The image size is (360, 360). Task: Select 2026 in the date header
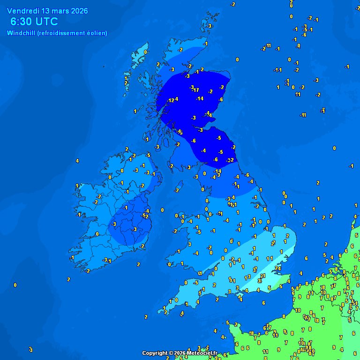(78, 11)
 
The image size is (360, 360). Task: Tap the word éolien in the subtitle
(97, 33)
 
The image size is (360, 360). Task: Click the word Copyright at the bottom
(155, 353)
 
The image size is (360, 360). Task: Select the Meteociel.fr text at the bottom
(202, 353)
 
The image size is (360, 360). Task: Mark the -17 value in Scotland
(195, 90)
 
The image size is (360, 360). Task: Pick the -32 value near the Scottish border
(230, 160)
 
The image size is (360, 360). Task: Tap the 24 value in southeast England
(277, 269)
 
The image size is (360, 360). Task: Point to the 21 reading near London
(262, 276)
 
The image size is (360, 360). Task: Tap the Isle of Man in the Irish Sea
(177, 190)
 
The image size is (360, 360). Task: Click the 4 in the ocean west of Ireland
(77, 161)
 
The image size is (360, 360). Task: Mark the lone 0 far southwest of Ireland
(15, 285)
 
